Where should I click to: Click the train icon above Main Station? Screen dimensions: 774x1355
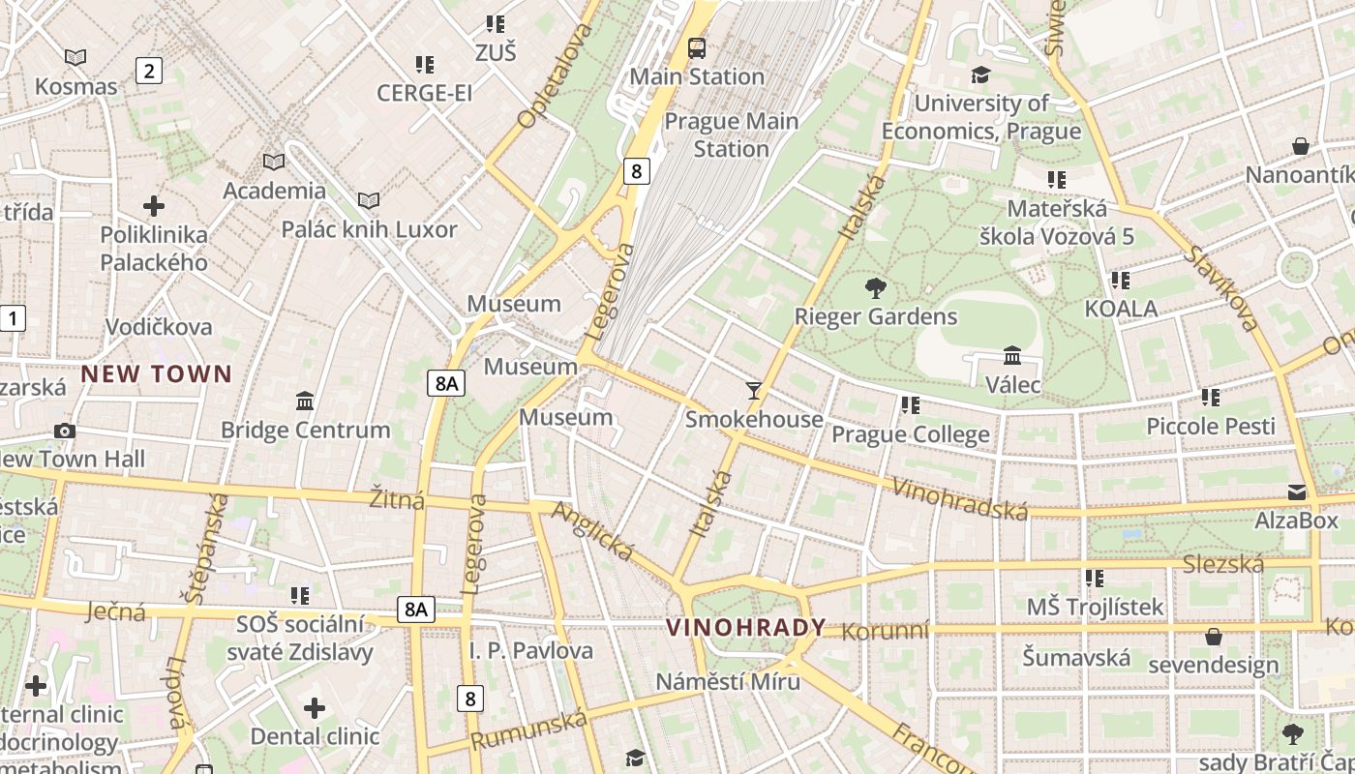tap(696, 46)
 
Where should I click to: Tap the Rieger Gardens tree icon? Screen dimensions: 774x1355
tap(875, 287)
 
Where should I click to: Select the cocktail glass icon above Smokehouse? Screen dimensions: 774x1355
tap(754, 390)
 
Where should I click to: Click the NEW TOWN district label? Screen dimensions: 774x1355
tap(157, 373)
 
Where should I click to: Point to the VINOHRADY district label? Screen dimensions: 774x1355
tap(746, 627)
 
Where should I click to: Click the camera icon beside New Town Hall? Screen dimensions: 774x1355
tap(65, 431)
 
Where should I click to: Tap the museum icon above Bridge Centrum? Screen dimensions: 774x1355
tap(305, 401)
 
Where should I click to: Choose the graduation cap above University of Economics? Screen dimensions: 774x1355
tap(981, 74)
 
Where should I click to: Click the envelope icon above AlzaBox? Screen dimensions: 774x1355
tap(1296, 492)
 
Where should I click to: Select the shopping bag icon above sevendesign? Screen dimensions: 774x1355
tap(1213, 637)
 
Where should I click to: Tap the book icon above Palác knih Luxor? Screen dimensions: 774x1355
tap(368, 200)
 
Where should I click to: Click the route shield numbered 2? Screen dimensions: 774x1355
tap(148, 70)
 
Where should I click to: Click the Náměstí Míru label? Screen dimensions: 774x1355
tap(728, 681)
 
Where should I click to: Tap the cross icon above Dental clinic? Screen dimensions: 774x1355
tap(315, 708)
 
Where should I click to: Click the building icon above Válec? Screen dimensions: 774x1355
tap(1012, 356)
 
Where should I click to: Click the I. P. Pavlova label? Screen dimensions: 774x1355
tap(530, 650)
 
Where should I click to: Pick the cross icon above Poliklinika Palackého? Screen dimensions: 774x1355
tap(153, 206)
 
